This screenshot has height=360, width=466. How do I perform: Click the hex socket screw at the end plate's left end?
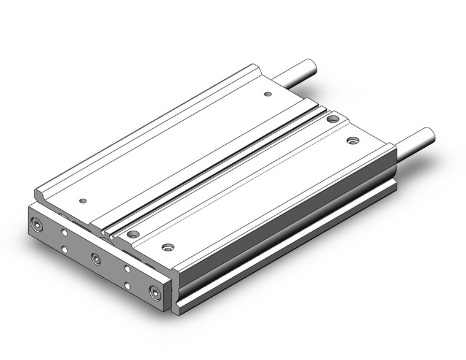click(40, 226)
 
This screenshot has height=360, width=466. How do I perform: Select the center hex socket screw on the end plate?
click(96, 258)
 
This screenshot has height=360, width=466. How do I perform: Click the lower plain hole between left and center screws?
click(65, 250)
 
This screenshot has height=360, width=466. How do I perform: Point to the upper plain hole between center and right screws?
click(126, 268)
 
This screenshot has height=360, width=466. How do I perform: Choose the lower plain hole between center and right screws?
click(126, 286)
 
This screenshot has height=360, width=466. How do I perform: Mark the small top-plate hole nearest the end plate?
click(83, 201)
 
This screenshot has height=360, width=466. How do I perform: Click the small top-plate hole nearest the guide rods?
click(267, 94)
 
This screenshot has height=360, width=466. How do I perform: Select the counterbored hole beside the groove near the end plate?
click(131, 233)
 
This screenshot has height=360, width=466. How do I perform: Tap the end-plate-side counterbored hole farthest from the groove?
click(166, 248)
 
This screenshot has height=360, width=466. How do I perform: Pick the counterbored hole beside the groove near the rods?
click(332, 119)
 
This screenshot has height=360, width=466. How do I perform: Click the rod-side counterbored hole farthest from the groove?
click(352, 140)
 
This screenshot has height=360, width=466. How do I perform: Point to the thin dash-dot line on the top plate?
click(245, 184)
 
